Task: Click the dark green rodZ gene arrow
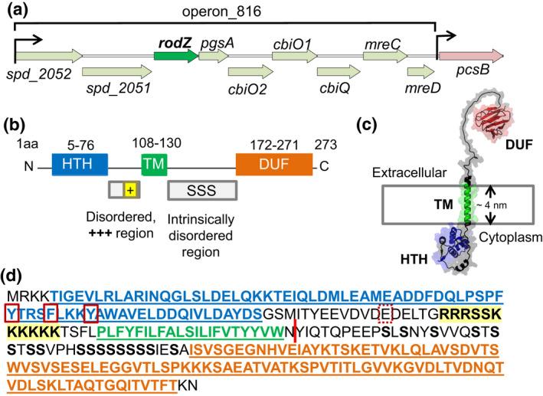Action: pyautogui.click(x=175, y=55)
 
